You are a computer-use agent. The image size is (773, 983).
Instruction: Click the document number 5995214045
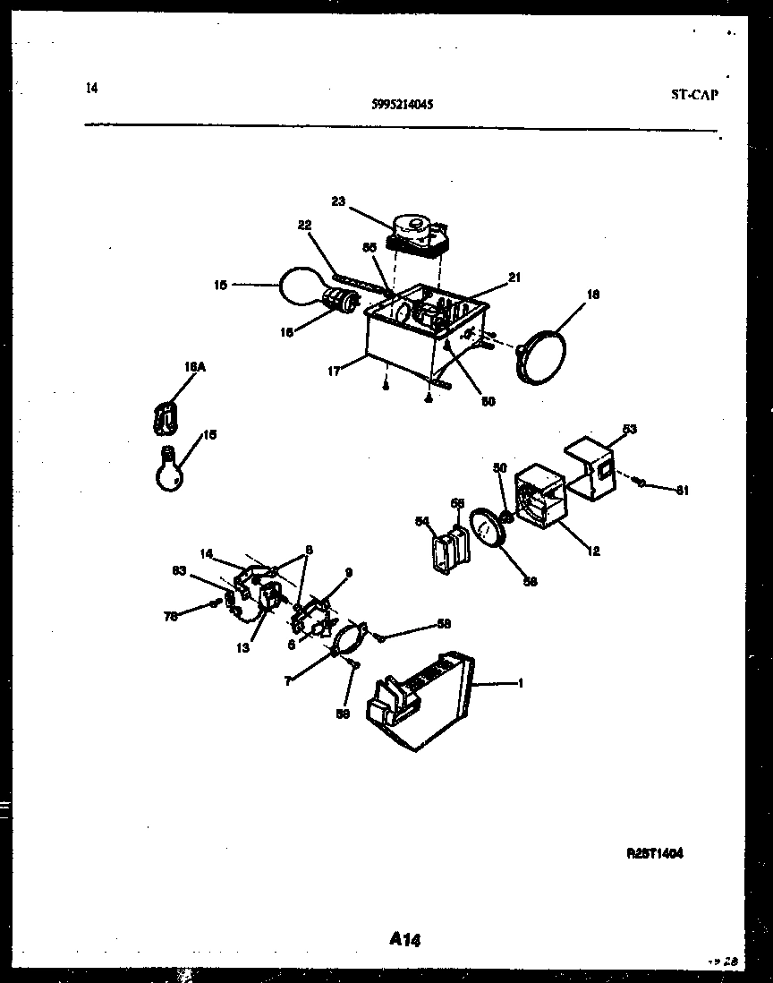point(402,104)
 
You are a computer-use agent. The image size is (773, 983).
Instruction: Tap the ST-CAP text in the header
point(694,94)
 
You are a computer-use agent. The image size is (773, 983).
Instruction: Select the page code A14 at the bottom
point(405,939)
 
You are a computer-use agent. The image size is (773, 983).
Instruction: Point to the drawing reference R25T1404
point(655,854)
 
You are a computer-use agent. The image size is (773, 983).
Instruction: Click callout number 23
point(337,201)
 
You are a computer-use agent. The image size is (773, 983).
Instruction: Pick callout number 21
point(514,278)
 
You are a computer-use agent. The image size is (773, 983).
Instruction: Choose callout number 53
point(629,431)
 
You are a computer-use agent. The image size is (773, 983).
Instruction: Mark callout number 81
point(683,490)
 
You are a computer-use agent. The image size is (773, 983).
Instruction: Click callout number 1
point(520,684)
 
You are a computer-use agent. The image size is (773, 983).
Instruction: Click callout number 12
point(593,551)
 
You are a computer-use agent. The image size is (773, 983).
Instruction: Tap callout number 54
point(421,520)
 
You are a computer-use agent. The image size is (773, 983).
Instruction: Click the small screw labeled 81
point(641,483)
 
